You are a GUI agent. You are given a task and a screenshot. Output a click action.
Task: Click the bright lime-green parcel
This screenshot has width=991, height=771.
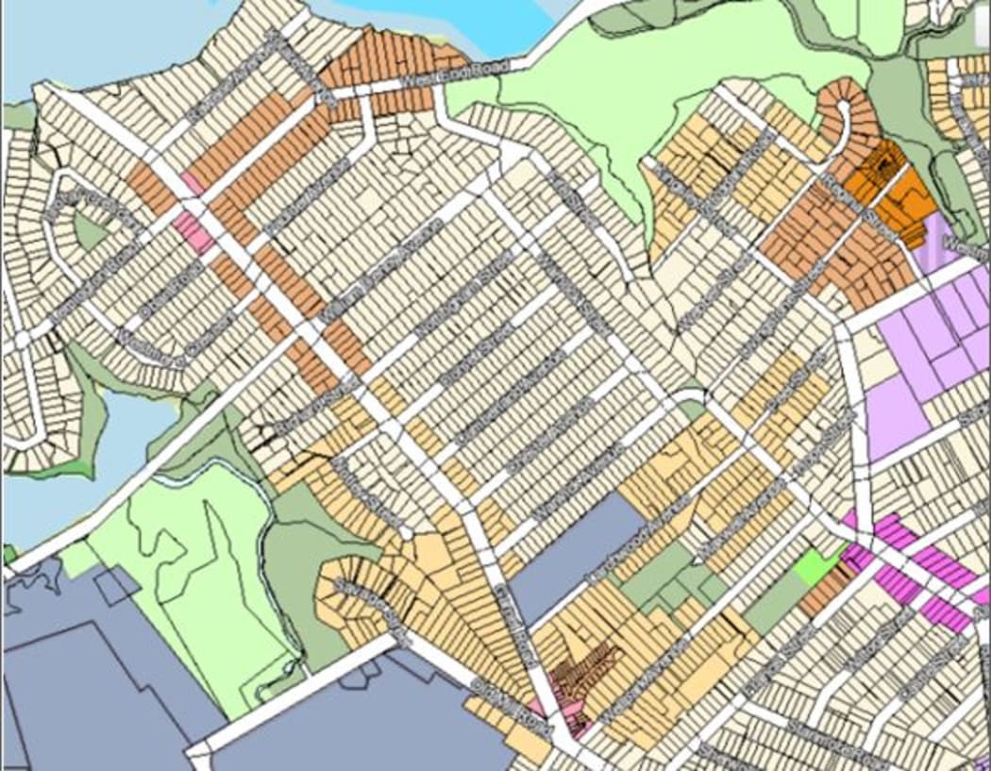click(815, 565)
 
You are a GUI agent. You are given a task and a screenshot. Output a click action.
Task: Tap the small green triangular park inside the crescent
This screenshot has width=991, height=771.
click(90, 232)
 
